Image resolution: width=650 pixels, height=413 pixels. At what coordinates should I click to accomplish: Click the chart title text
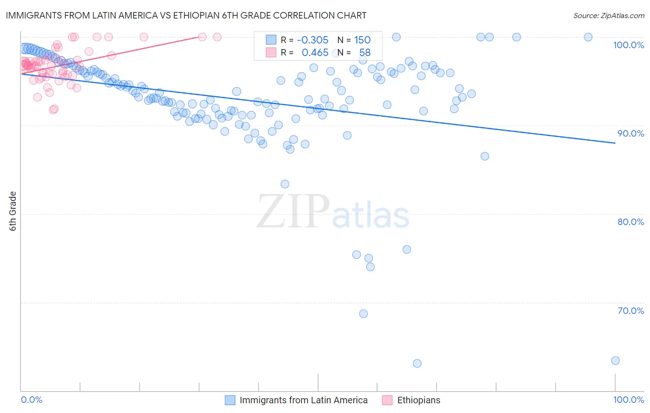186,15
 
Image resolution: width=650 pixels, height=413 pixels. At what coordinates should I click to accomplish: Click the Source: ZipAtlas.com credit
608,15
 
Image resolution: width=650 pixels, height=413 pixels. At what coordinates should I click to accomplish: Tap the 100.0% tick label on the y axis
628,45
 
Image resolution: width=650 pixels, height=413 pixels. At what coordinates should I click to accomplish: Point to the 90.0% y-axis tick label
631,133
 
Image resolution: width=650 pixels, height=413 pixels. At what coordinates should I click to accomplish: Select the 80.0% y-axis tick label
631,222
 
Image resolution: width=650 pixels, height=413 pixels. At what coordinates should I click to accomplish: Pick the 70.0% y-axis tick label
631,311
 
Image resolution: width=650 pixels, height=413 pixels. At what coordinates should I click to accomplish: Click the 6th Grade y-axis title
13,211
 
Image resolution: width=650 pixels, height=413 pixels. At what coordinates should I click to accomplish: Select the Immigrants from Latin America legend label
303,400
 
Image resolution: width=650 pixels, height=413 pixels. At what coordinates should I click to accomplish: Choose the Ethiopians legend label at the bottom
418,400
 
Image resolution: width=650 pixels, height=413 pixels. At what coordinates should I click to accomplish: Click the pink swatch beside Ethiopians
387,400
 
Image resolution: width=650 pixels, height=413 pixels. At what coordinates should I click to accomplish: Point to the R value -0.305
313,40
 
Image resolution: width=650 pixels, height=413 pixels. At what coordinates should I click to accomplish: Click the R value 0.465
315,53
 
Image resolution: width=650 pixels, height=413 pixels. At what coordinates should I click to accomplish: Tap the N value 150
362,40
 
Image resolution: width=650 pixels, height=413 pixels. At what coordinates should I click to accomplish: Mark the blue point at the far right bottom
615,361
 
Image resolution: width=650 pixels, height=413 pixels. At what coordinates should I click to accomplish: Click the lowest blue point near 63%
417,363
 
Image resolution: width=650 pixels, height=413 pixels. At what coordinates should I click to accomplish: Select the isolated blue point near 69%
363,313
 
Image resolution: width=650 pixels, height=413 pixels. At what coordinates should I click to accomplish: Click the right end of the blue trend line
615,143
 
